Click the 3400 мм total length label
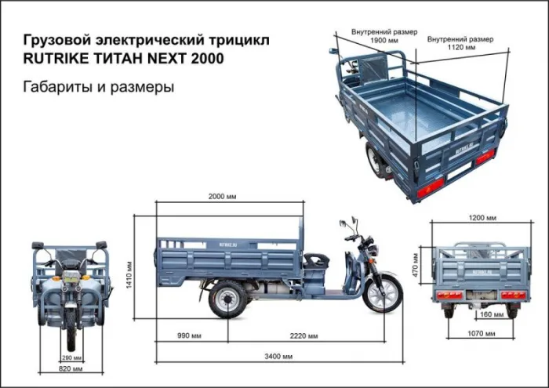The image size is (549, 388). pyautogui.click(x=277, y=357)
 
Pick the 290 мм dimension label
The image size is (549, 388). pyautogui.click(x=72, y=357)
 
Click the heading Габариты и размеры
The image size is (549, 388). pyautogui.click(x=99, y=87)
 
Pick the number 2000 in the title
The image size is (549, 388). pyautogui.click(x=203, y=60)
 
